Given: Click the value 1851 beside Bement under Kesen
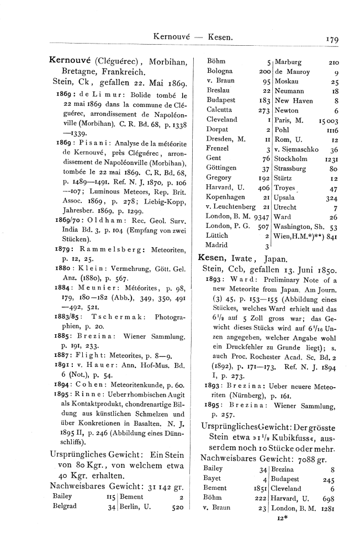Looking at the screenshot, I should (x=258, y=488).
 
